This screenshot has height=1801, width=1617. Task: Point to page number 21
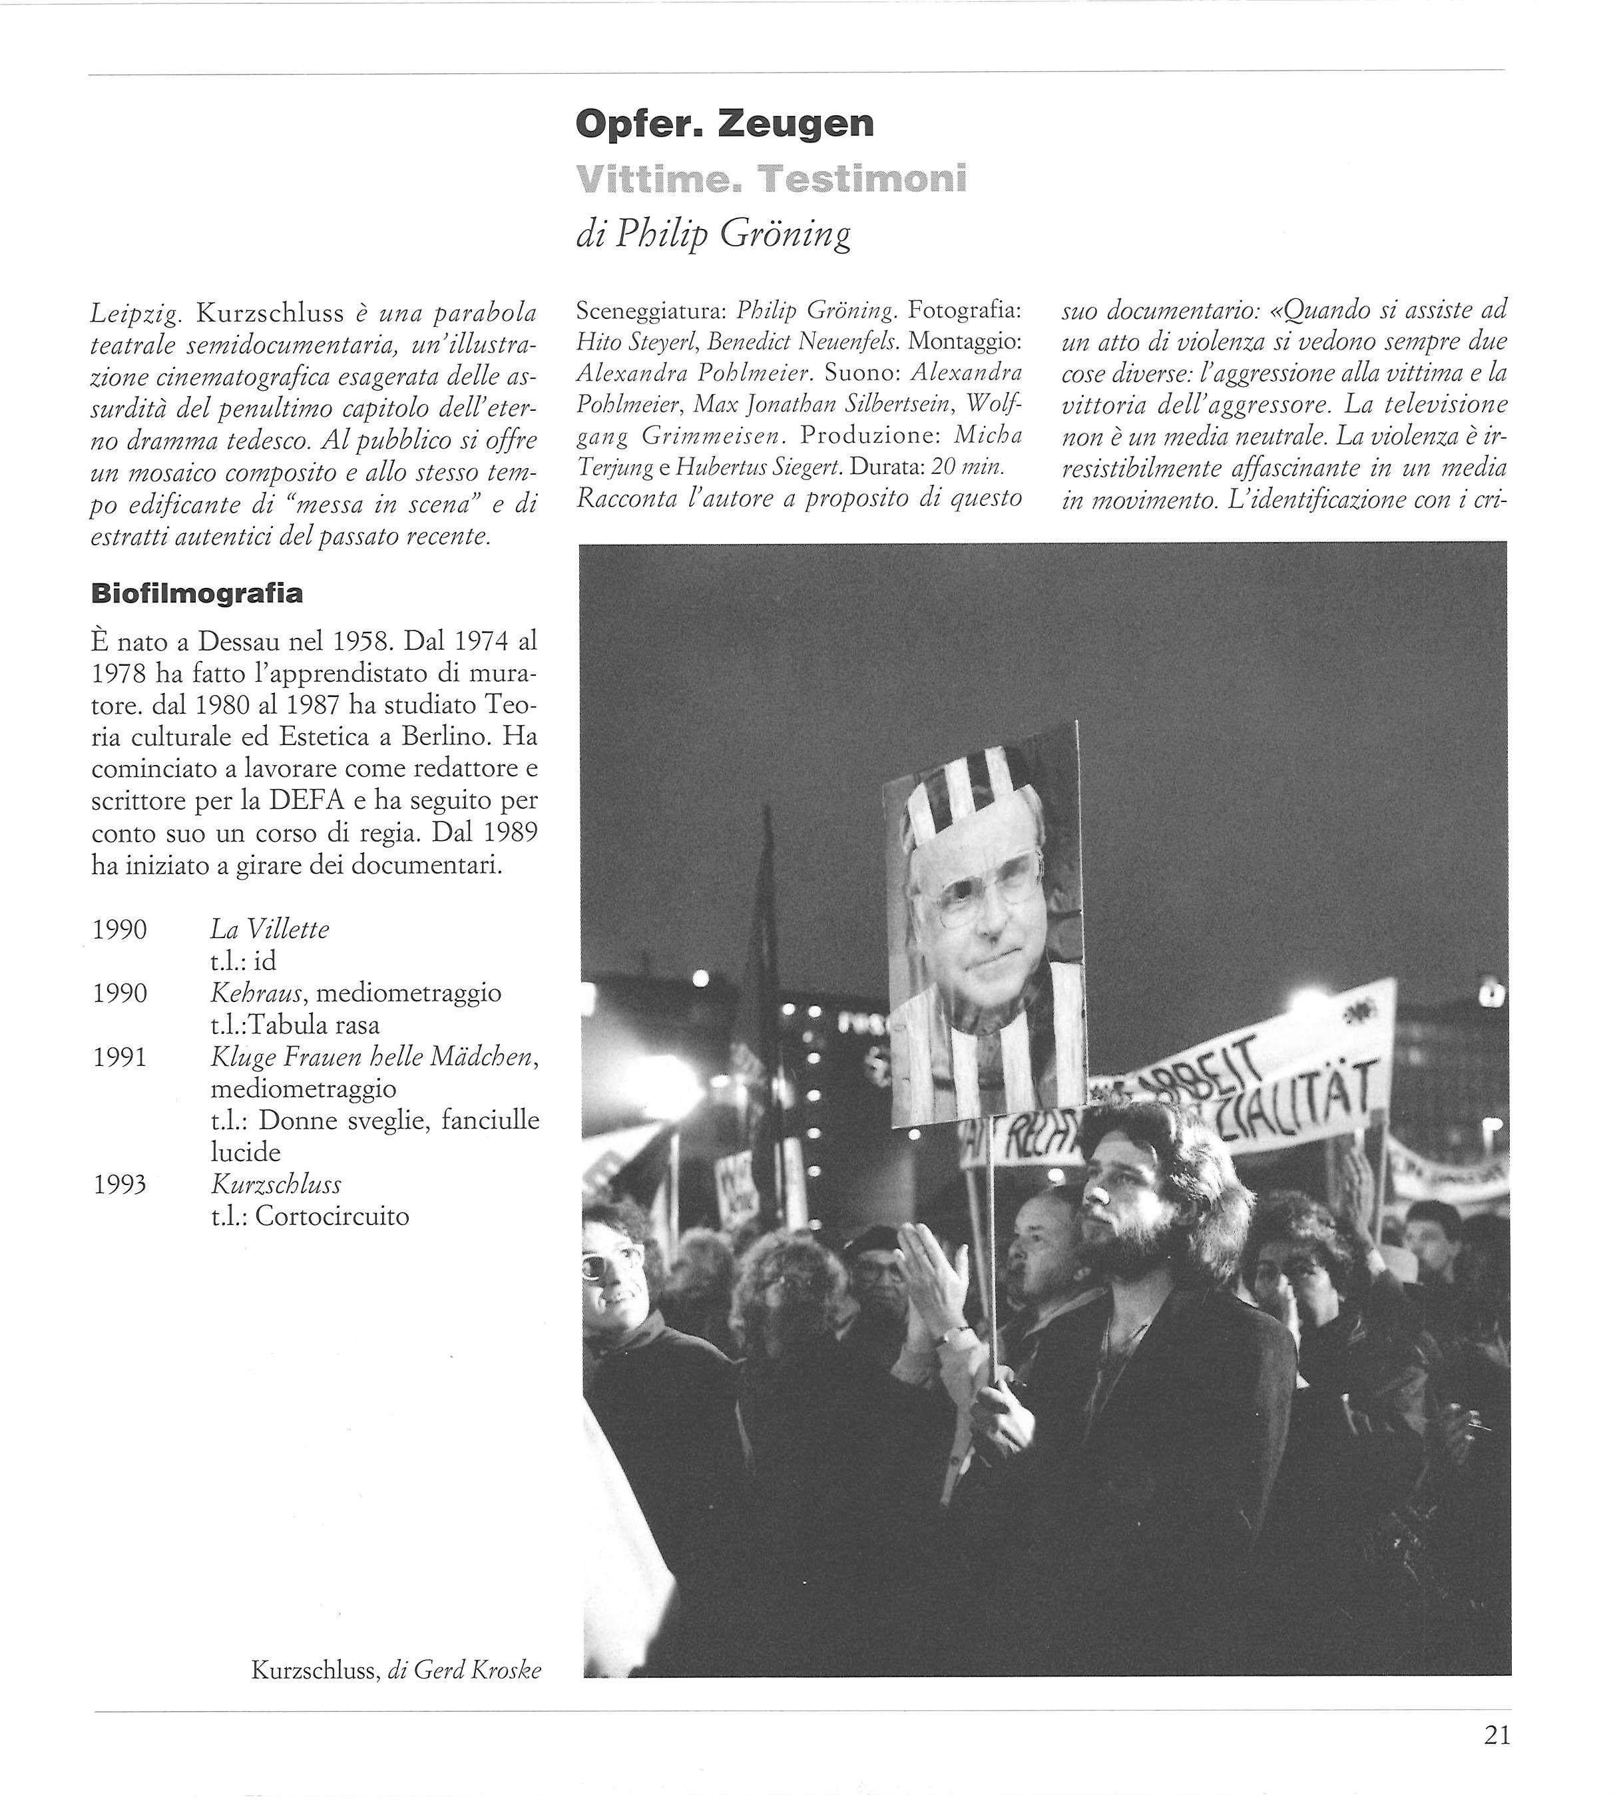point(1497,1759)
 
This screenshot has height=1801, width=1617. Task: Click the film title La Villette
point(269,929)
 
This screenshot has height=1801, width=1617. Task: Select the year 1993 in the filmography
point(119,1184)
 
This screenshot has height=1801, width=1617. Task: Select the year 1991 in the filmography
point(119,1057)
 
